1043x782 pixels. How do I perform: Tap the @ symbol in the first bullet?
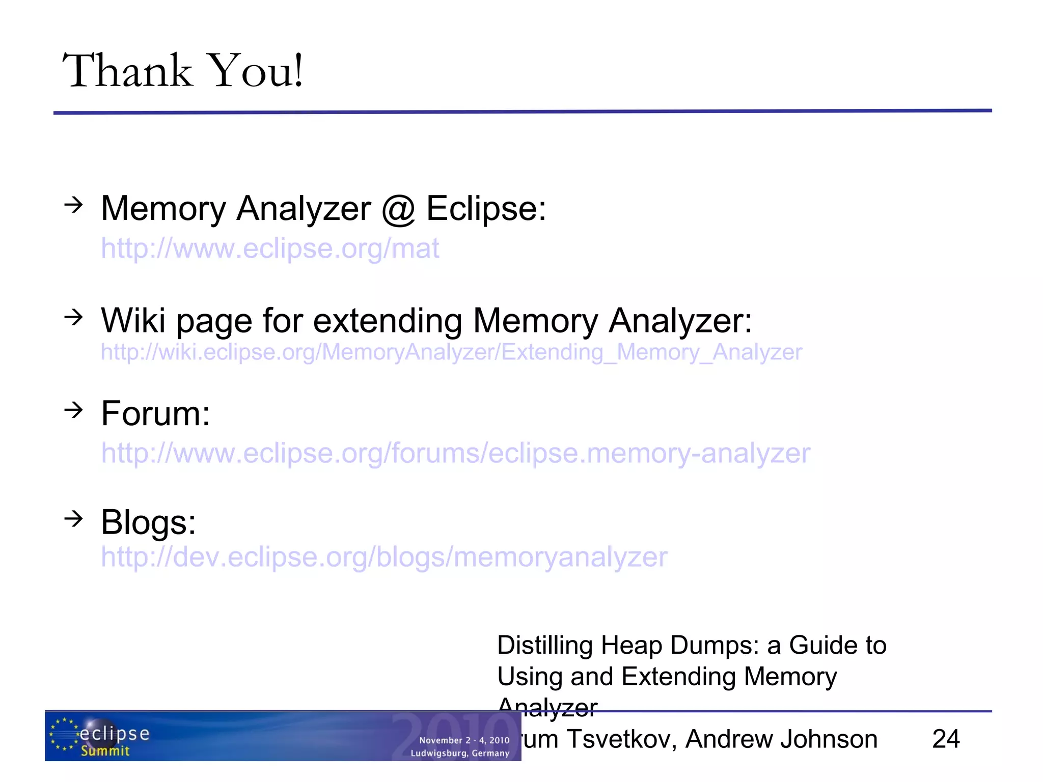coord(398,209)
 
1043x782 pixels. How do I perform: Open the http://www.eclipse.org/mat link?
coord(270,248)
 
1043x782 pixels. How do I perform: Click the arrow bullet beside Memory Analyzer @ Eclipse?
coord(73,205)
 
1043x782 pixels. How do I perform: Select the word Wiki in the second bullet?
coord(133,321)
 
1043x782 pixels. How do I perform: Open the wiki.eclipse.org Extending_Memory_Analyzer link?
coord(451,352)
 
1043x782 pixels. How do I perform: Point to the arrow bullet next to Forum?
coord(73,409)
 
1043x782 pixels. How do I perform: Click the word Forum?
coord(155,413)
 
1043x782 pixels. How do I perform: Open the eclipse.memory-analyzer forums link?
coord(455,453)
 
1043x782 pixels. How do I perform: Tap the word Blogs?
coord(148,522)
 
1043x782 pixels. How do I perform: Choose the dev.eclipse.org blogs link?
coord(384,557)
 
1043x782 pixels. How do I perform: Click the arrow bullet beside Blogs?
coord(73,519)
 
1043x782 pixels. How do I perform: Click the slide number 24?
coord(946,739)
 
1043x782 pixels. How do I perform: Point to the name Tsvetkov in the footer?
coord(621,739)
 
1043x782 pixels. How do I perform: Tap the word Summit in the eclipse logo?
coord(105,751)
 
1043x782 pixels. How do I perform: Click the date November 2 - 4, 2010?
coord(464,740)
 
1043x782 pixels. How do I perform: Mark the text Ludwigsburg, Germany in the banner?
coord(460,753)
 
